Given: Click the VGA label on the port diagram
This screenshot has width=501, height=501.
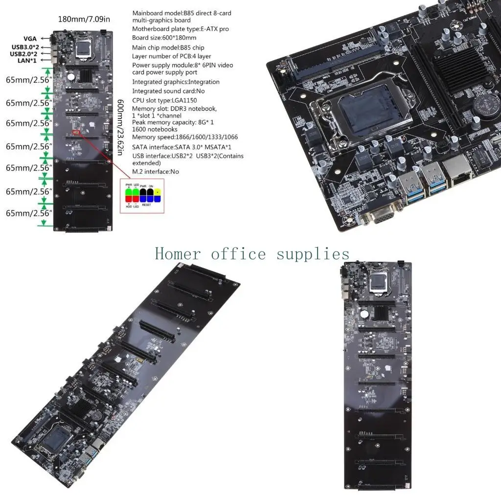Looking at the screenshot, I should [29, 39].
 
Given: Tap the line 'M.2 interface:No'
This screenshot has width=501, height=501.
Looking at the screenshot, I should [156, 172].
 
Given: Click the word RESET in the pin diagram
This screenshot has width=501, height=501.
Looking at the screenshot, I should [146, 205].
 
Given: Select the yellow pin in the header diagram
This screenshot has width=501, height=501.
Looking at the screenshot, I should [158, 195].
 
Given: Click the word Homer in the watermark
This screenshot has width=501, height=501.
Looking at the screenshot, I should [178, 254].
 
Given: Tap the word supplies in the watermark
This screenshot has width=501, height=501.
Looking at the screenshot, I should [313, 254].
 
